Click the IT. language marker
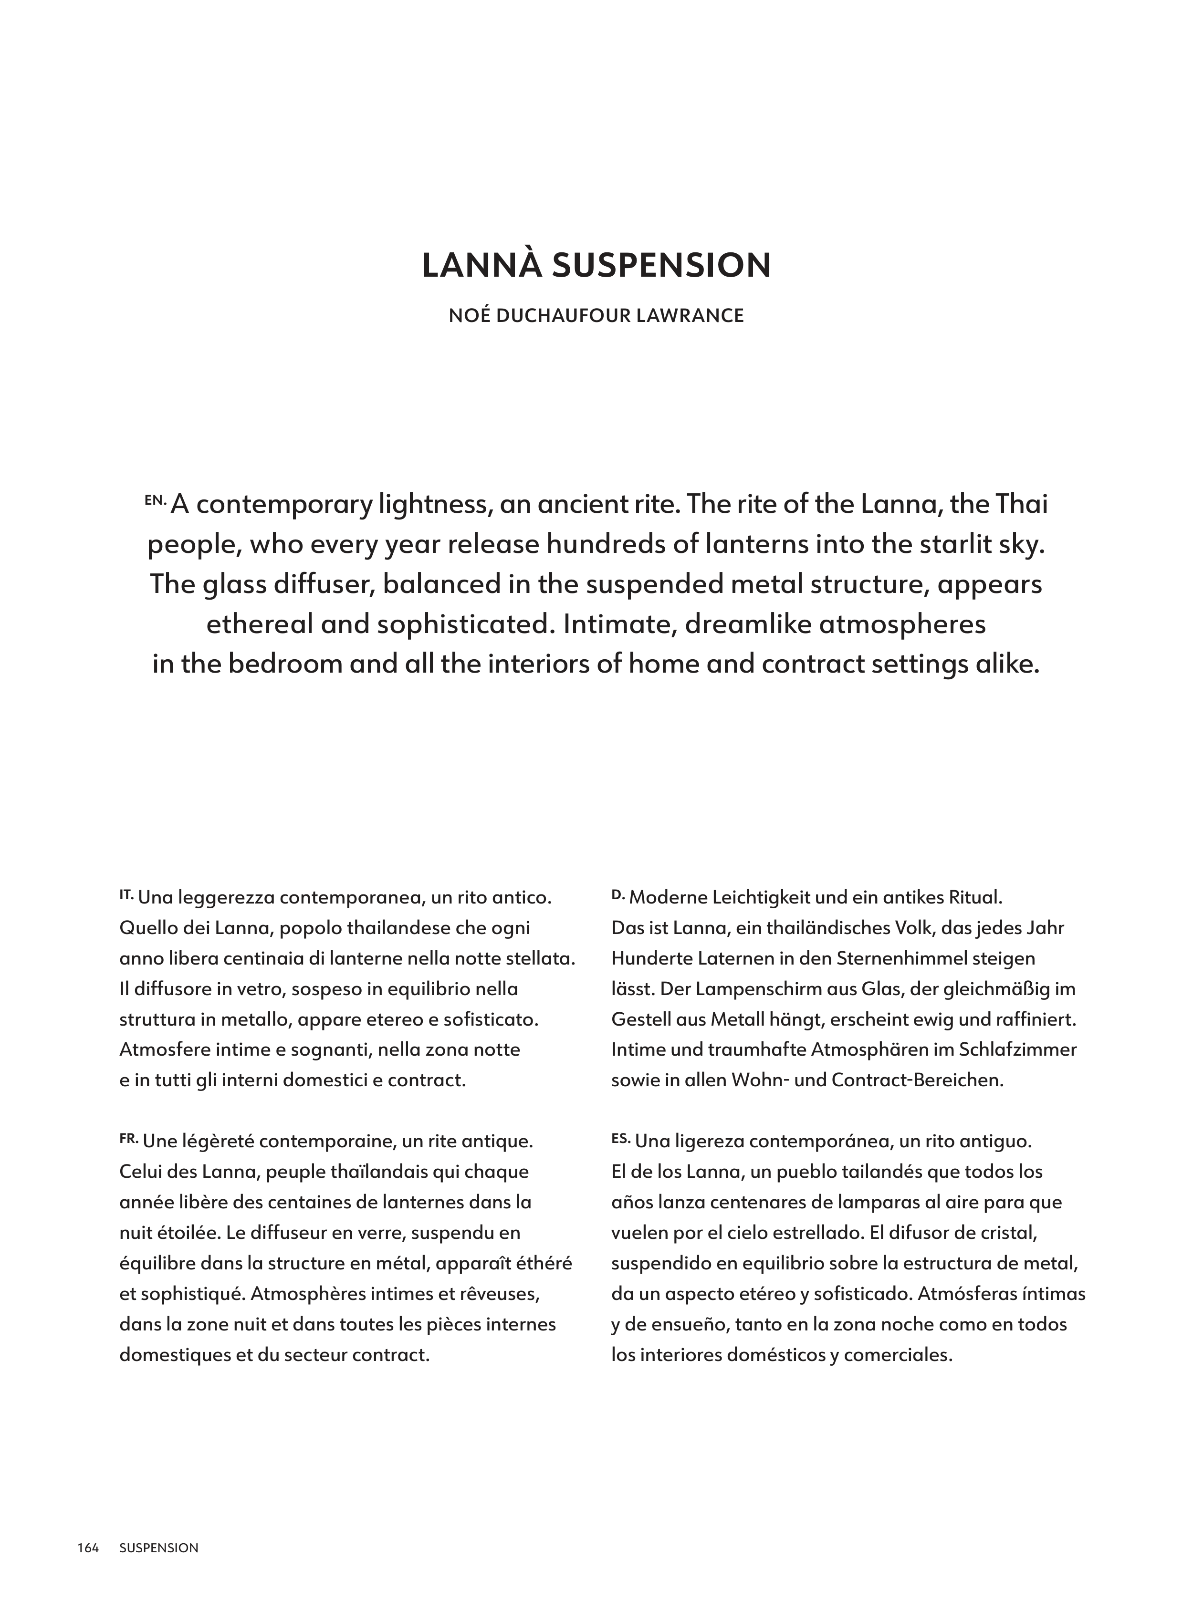pyautogui.click(x=126, y=894)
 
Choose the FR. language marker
pyautogui.click(x=128, y=1139)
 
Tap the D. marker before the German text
pyautogui.click(x=617, y=894)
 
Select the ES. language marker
pyautogui.click(x=620, y=1139)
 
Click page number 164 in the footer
pyautogui.click(x=88, y=1547)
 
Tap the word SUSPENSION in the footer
pyautogui.click(x=159, y=1547)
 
